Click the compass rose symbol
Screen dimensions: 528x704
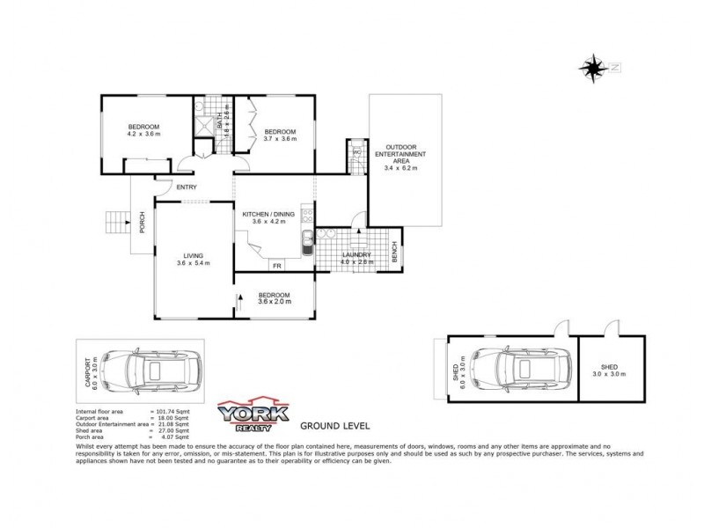coord(595,67)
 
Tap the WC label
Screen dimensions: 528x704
coord(356,152)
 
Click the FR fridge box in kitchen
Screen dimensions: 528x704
coord(276,265)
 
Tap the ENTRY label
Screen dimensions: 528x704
coord(186,187)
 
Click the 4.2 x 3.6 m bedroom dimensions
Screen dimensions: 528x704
coord(145,134)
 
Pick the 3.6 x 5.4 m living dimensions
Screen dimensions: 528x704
coord(193,263)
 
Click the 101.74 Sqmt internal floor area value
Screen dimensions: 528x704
coord(172,412)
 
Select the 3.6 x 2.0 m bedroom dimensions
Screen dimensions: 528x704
coord(274,302)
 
